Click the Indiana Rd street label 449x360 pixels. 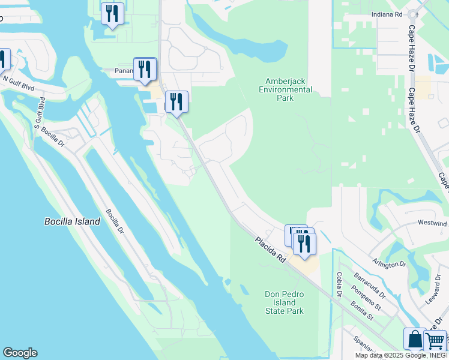pos(386,13)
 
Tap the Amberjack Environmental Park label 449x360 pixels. pos(285,89)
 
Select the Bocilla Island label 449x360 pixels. pos(72,221)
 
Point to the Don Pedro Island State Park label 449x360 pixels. pos(285,302)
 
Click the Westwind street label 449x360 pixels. pos(432,223)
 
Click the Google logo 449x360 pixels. pos(20,353)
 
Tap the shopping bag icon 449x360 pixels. pos(415,339)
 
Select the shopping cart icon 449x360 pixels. pos(435,341)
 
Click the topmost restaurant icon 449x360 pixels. pos(112,13)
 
